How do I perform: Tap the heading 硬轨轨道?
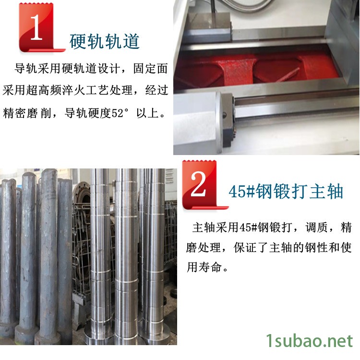[105, 41]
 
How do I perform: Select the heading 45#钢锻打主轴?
[286, 191]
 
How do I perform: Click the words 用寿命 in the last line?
[204, 267]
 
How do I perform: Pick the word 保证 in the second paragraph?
[245, 248]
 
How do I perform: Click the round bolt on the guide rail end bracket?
[225, 114]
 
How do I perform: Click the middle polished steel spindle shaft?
[127, 256]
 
